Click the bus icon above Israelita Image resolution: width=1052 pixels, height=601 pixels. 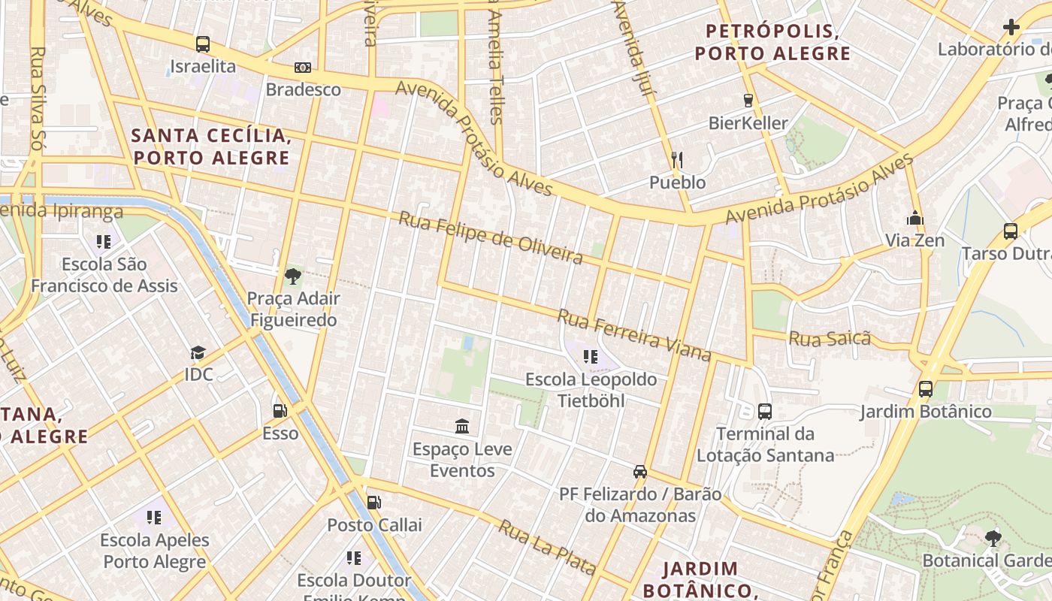[x=202, y=44]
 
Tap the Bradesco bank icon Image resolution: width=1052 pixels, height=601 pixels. [x=303, y=68]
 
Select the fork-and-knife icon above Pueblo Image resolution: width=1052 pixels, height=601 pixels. [x=677, y=160]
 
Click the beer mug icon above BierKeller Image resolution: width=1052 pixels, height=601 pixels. [x=748, y=100]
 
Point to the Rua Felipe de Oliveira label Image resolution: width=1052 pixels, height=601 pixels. [x=490, y=238]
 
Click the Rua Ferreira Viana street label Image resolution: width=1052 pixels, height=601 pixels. [x=633, y=334]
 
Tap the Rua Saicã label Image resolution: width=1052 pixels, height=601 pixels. [x=829, y=338]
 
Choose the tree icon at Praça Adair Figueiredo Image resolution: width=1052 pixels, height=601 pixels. [x=293, y=276]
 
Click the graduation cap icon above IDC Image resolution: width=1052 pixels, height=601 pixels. [x=198, y=352]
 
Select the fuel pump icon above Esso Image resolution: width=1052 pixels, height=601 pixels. [x=280, y=411]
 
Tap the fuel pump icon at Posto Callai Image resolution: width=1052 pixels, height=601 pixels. [x=373, y=503]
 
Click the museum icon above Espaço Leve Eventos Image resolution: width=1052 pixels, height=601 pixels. [x=462, y=427]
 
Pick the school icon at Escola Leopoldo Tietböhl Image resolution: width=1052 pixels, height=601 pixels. [x=591, y=357]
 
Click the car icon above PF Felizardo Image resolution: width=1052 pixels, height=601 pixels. [x=640, y=471]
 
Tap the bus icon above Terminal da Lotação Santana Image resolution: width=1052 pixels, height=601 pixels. [x=765, y=411]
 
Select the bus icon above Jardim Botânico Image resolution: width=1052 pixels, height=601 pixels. [x=926, y=389]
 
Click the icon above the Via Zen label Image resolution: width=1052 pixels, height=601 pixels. [x=914, y=219]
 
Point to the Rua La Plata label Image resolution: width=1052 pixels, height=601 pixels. [x=546, y=547]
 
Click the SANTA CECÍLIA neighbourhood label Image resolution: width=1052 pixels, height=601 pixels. [x=210, y=146]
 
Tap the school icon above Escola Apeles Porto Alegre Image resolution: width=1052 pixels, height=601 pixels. [x=154, y=517]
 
